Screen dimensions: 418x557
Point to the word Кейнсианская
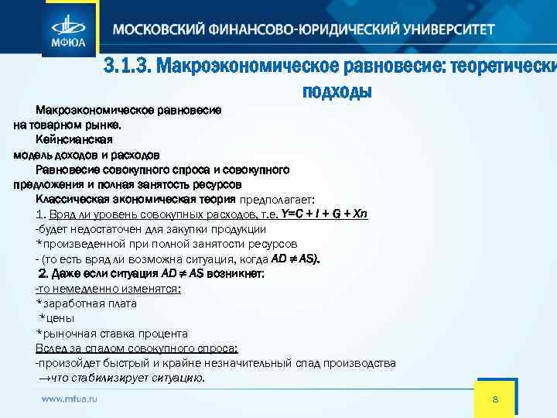(x=73, y=140)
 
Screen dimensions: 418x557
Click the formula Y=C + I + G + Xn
(x=325, y=214)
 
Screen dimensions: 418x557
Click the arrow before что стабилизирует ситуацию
(x=43, y=379)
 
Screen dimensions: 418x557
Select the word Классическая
(x=73, y=199)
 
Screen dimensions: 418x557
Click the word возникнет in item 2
(x=240, y=273)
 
